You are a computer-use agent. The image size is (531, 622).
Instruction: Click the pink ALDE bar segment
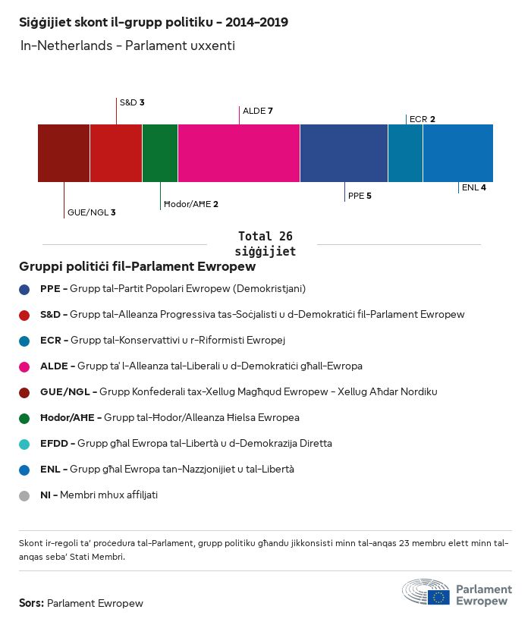(239, 153)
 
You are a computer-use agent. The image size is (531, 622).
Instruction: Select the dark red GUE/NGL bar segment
(64, 153)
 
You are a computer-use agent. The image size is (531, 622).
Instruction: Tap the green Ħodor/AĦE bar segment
(160, 153)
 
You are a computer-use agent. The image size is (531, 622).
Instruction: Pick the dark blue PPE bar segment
(344, 153)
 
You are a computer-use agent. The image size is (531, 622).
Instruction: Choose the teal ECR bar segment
(405, 153)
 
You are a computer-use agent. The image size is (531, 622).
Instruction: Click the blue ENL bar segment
(458, 153)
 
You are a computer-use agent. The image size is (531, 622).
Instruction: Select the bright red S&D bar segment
(116, 153)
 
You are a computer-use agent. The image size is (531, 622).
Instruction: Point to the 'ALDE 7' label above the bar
(257, 111)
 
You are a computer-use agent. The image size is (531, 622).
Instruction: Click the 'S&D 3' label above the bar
(132, 102)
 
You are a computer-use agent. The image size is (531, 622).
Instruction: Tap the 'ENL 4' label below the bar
(473, 187)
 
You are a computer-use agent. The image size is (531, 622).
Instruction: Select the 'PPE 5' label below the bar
(360, 196)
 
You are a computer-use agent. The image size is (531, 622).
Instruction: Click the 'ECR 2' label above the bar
(422, 119)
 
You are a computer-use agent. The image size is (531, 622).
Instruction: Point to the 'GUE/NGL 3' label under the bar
(91, 212)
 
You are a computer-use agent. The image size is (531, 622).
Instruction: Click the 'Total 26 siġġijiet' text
(265, 243)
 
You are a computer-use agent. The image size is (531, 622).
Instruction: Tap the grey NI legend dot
(25, 495)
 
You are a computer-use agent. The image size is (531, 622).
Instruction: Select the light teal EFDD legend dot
(25, 444)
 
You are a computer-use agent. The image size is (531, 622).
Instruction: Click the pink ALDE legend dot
(25, 366)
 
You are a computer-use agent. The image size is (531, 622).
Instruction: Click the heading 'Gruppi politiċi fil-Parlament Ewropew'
(137, 267)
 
